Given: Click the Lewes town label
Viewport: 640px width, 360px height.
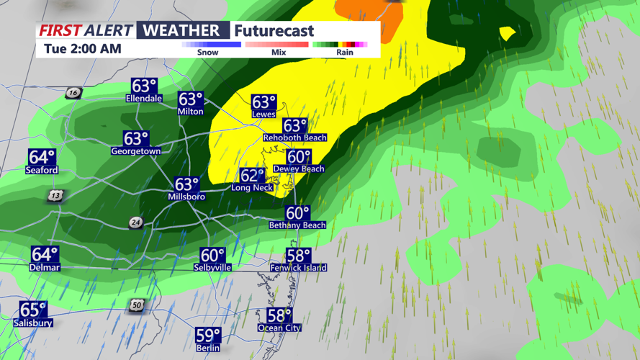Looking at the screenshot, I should tap(263, 114).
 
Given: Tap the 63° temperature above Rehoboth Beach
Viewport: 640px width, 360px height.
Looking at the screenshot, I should tap(295, 127).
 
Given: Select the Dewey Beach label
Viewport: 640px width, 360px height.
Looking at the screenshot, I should tap(299, 168).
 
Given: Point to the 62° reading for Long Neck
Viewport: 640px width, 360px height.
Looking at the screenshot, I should tap(253, 176).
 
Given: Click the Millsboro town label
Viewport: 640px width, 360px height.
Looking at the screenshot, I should tap(186, 197).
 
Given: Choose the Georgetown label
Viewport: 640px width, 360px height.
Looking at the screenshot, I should tap(136, 151).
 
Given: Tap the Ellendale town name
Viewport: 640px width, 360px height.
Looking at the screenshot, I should tap(144, 98).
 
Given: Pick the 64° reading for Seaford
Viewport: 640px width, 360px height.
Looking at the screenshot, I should tap(42, 158).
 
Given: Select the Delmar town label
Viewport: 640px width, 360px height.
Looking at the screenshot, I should tap(45, 267).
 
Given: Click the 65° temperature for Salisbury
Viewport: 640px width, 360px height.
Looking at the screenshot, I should tap(33, 310).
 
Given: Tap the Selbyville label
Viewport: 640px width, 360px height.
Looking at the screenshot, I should tap(212, 267).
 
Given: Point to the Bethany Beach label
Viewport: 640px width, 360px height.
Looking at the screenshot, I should tap(297, 225).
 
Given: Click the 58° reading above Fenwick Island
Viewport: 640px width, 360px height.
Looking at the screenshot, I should tap(298, 256).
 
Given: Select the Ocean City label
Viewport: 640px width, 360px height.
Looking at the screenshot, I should tap(279, 328).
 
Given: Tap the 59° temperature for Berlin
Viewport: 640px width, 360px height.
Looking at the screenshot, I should tap(208, 336).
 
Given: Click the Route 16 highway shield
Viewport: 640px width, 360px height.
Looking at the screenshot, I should tap(73, 93).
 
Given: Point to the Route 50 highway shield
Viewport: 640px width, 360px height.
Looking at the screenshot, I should tap(137, 305).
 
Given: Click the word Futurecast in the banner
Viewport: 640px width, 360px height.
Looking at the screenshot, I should tap(274, 31).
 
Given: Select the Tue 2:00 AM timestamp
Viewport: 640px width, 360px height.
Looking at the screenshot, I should tap(83, 49).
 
